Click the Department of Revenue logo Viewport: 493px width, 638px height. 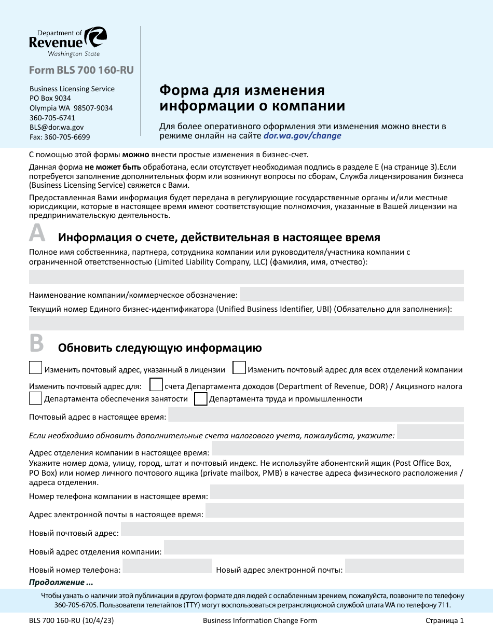pyautogui.click(x=68, y=42)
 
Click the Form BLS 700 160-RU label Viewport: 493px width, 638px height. pyautogui.click(x=81, y=70)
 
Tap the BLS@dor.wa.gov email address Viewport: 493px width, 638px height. pyautogui.click(x=57, y=127)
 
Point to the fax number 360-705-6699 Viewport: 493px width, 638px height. pyautogui.click(x=60, y=137)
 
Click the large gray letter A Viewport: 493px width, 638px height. pyautogui.click(x=37, y=234)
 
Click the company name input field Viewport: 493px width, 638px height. pyautogui.click(x=351, y=295)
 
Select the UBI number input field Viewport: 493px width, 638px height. pyautogui.click(x=246, y=323)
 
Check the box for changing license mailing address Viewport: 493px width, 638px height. pyautogui.click(x=35, y=368)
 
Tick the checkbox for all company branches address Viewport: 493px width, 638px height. pyautogui.click(x=239, y=368)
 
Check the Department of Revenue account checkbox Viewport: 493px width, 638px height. pyautogui.click(x=156, y=385)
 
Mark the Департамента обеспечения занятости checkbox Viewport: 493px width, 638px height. pyautogui.click(x=35, y=398)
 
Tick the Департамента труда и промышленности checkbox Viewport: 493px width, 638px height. pyautogui.click(x=201, y=398)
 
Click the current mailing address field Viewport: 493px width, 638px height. pyautogui.click(x=316, y=415)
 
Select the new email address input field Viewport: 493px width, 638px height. pyautogui.click(x=404, y=566)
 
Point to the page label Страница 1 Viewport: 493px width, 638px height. pyautogui.click(x=444, y=620)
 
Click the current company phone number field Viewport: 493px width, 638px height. pyautogui.click(x=336, y=492)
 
